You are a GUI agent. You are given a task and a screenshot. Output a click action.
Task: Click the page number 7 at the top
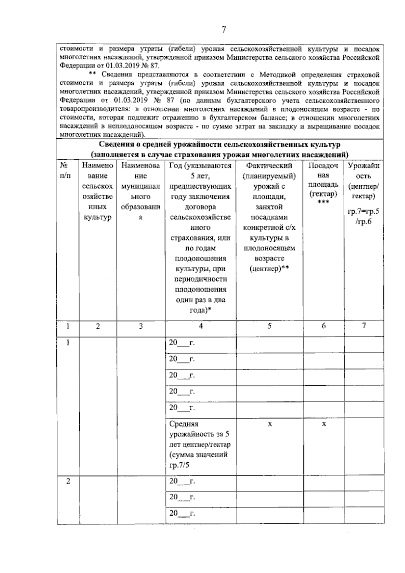pos(223,30)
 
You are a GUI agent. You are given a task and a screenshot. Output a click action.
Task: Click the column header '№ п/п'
pos(65,170)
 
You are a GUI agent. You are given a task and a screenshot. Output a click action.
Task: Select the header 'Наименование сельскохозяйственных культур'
pos(98,191)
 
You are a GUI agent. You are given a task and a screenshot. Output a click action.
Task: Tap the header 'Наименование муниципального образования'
pos(140,191)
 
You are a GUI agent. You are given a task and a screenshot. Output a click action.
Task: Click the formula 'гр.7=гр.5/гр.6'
pos(363,217)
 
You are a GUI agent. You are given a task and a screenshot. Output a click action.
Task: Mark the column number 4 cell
pos(200,326)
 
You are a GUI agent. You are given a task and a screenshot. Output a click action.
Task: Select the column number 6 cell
pos(323,326)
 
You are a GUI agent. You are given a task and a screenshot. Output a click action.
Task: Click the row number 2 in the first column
pos(68,481)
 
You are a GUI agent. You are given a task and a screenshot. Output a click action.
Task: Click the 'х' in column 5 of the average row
pos(270,424)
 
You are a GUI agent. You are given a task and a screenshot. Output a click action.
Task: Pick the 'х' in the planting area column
pos(324,424)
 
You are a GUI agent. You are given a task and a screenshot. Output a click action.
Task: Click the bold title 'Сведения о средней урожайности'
pos(219,145)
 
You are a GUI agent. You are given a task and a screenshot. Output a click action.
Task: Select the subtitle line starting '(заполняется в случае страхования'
pos(219,155)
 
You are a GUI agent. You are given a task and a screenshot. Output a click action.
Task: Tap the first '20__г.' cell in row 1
pos(182,343)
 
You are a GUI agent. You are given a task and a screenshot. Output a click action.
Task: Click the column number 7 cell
pos(364,326)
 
